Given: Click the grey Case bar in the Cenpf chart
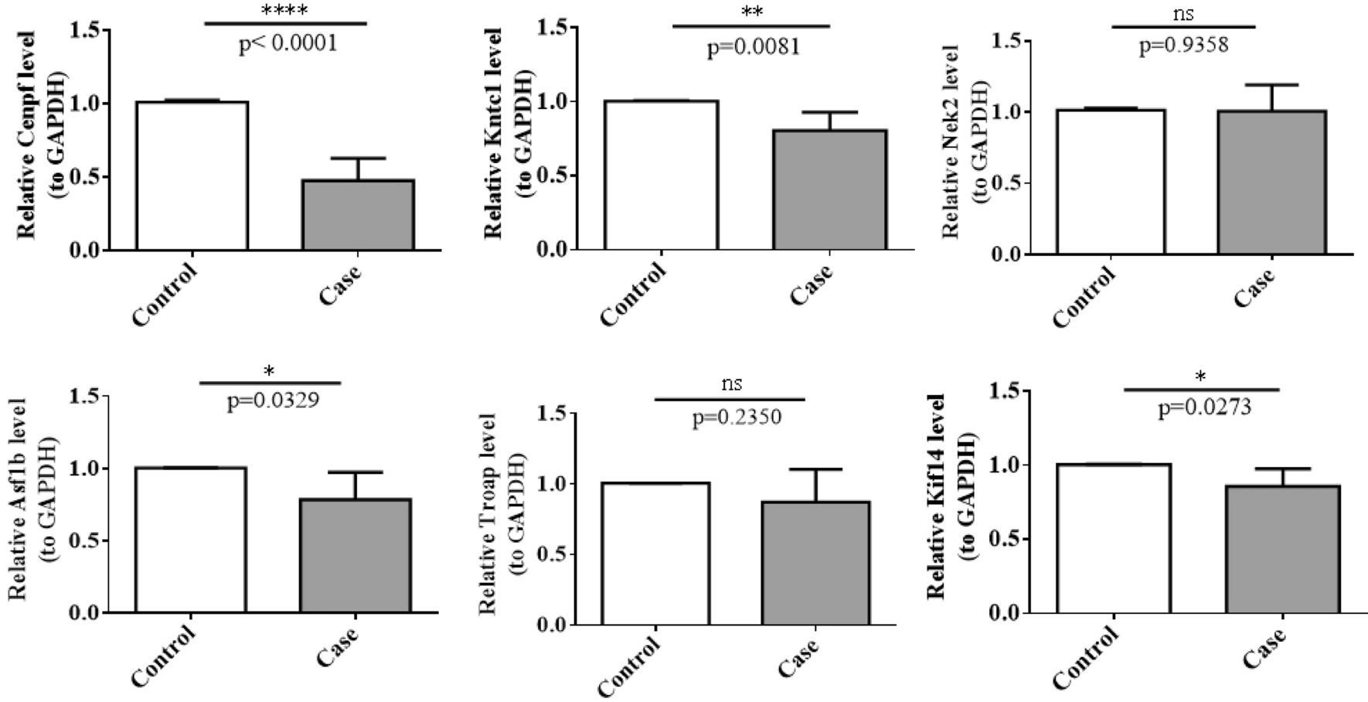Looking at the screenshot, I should (358, 215).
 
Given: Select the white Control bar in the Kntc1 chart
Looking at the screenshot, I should (662, 175).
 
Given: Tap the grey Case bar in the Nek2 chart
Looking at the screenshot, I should (1271, 182).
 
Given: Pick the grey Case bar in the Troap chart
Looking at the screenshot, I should (815, 563).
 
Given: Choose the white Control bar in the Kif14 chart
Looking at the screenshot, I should (1114, 538).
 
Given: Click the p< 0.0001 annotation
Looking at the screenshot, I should (288, 43).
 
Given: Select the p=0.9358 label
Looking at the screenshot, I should (1183, 45).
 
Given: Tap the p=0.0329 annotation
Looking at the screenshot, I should (273, 400).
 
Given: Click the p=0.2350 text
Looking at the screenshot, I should (736, 417).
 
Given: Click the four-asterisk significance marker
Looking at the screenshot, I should (285, 11).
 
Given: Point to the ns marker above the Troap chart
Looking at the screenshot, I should (731, 383).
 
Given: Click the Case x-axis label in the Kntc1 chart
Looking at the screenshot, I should (811, 285).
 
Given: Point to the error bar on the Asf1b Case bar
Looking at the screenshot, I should (356, 485).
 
